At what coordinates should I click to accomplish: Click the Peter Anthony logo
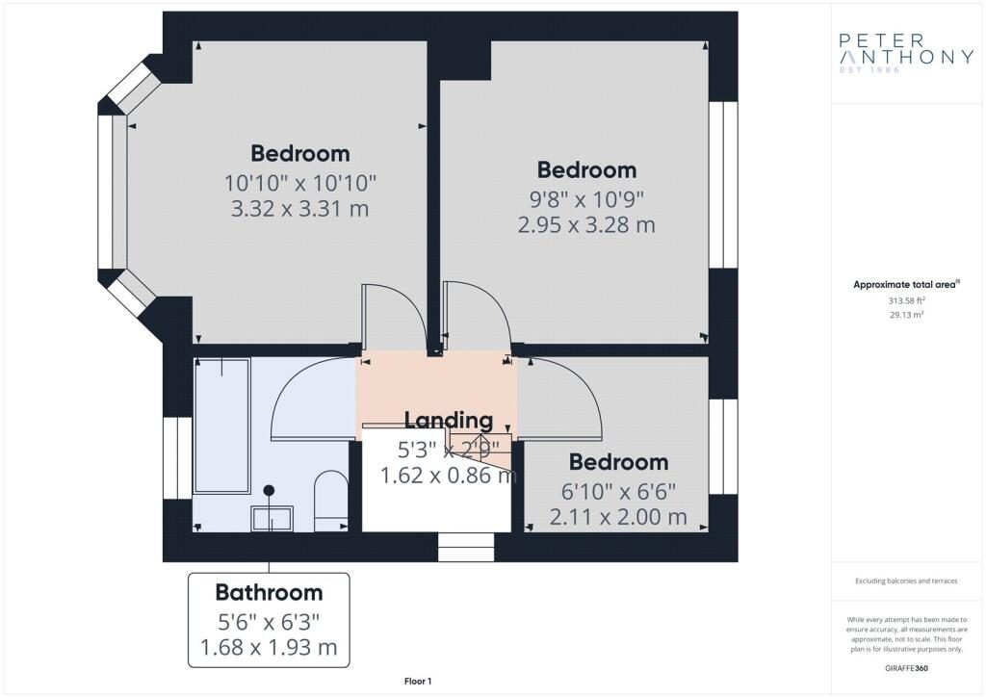906,53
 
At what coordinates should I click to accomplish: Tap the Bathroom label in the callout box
270,592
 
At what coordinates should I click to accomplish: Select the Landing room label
449,420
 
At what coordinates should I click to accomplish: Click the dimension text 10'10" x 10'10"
300,183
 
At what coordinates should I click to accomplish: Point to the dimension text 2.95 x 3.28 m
586,224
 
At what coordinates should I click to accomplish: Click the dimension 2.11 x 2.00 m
618,517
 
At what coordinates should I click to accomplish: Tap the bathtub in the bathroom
222,426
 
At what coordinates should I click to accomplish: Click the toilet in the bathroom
331,501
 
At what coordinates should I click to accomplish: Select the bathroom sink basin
272,519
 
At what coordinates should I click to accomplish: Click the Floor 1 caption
418,682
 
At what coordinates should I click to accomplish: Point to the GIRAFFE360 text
906,668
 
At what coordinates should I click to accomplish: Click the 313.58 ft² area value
906,301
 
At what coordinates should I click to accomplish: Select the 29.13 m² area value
906,315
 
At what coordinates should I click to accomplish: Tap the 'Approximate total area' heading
906,285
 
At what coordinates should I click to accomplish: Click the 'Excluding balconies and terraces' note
906,581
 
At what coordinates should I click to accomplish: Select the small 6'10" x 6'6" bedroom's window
723,447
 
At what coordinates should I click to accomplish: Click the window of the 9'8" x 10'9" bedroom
723,185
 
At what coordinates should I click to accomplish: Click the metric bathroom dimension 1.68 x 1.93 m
270,647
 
